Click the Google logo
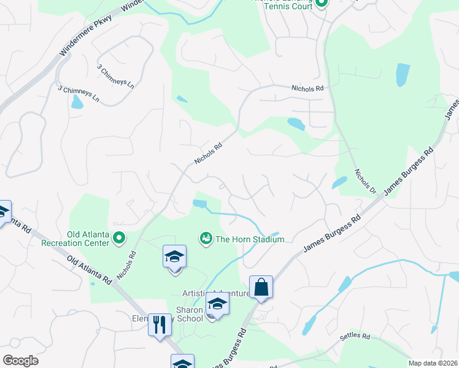[20, 361]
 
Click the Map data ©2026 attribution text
[433, 363]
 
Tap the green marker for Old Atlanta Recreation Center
[120, 237]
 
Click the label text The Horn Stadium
[249, 239]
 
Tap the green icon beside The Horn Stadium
[206, 237]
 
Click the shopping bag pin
[261, 287]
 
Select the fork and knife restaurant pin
[160, 324]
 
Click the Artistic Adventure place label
[215, 294]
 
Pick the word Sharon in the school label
[189, 310]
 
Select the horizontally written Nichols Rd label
[307, 89]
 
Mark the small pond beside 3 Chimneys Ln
[77, 102]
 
